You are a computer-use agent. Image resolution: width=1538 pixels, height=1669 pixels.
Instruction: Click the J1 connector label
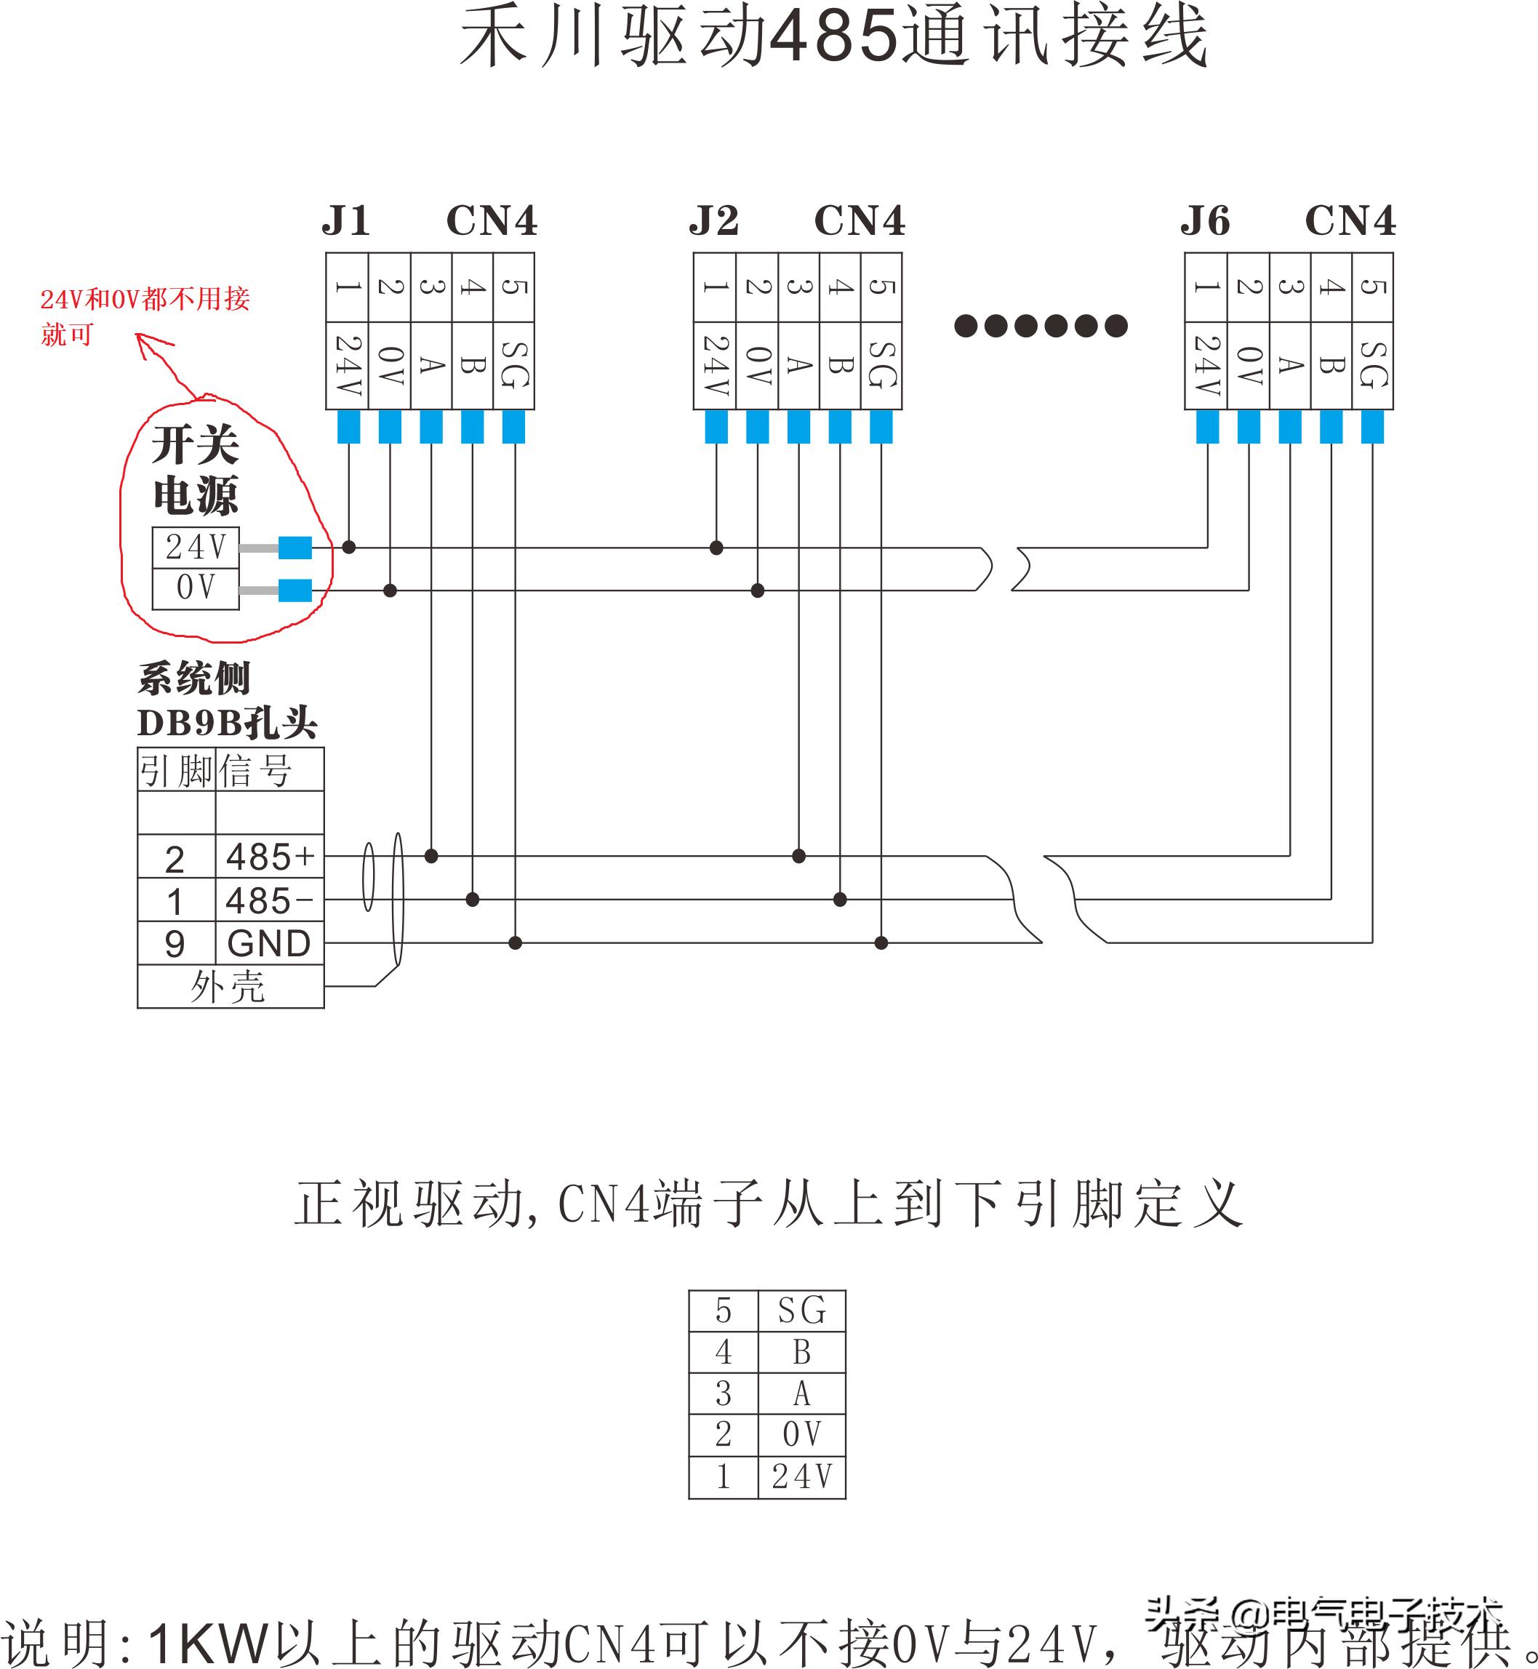(346, 221)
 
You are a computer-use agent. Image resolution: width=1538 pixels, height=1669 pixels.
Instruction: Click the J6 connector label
(1205, 221)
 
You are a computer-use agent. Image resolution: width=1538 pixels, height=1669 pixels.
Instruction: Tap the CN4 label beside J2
(859, 221)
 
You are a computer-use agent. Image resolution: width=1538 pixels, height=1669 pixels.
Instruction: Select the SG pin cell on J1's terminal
(514, 365)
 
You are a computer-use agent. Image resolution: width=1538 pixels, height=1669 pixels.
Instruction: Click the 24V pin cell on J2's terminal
(715, 365)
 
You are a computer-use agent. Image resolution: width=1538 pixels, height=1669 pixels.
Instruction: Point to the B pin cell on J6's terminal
(1331, 365)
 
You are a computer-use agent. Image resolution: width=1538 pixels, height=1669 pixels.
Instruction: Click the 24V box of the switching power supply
(196, 547)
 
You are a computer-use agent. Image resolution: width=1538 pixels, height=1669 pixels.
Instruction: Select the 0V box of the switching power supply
(196, 588)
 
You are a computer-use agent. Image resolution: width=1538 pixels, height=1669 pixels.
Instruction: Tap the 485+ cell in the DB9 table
(269, 857)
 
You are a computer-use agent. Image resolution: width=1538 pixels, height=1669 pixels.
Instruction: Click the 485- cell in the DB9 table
(269, 900)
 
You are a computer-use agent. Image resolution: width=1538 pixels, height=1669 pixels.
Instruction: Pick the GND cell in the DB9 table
(269, 944)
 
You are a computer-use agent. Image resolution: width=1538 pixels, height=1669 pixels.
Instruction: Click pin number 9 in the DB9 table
(175, 944)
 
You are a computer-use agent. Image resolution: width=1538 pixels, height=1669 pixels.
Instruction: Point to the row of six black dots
(1041, 326)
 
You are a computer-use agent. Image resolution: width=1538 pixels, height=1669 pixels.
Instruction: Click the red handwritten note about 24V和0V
(145, 316)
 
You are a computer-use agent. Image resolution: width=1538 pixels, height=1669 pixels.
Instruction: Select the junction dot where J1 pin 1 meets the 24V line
(349, 547)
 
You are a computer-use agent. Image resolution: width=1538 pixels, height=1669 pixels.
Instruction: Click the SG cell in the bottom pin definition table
(801, 1311)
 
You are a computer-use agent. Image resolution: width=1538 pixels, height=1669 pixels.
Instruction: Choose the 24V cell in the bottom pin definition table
(801, 1478)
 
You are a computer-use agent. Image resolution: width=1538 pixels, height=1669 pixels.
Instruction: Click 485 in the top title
(833, 38)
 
